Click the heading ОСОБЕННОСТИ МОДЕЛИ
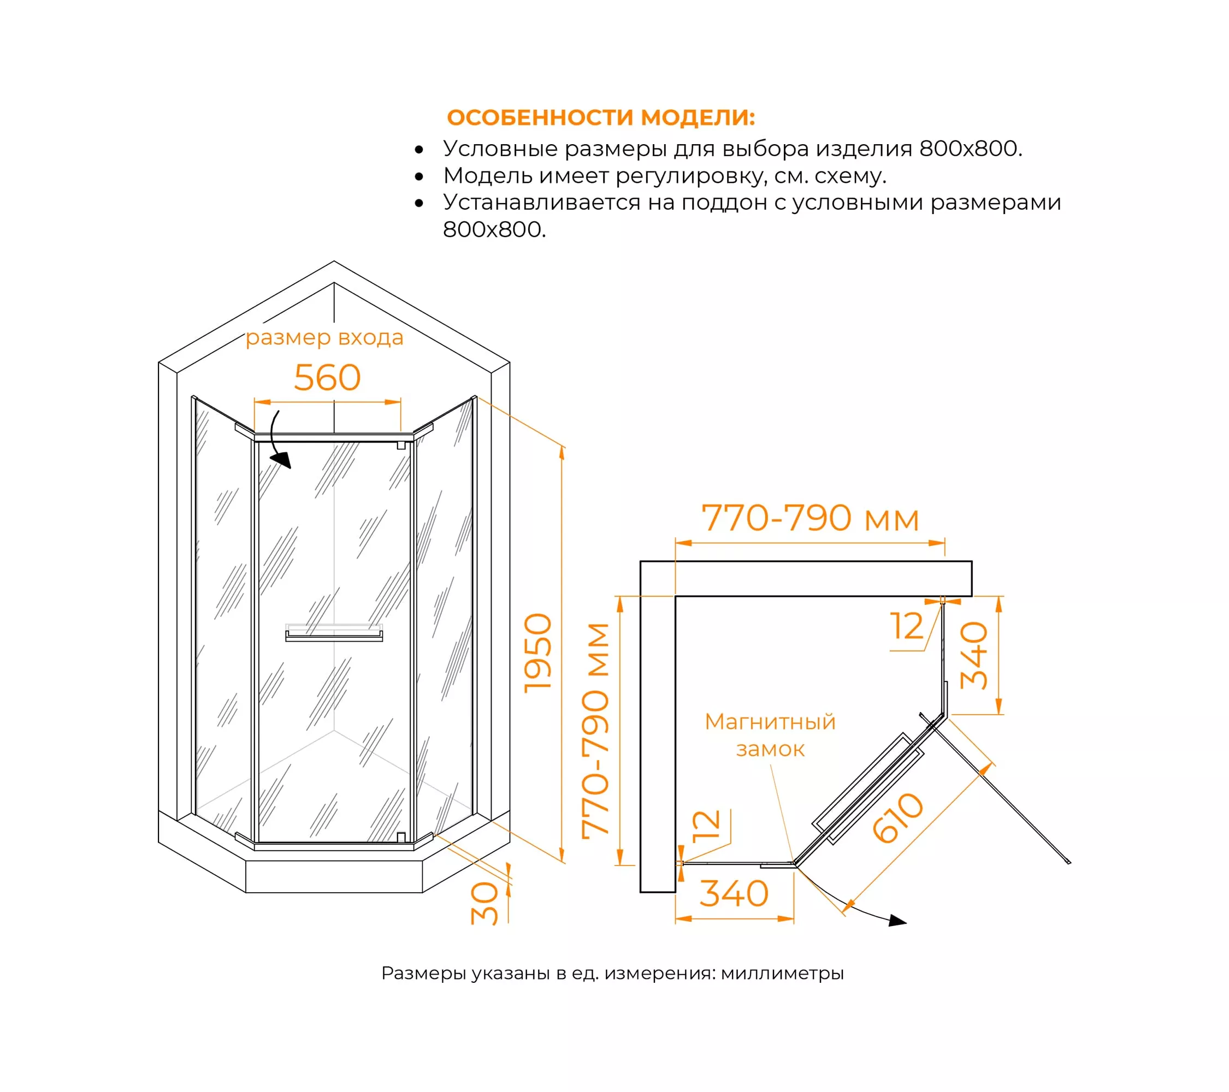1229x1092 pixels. pos(601,118)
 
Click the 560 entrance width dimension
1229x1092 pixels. pos(327,378)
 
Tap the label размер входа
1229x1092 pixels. pos(324,338)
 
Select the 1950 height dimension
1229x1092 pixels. pos(537,653)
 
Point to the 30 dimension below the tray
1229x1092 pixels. pos(484,903)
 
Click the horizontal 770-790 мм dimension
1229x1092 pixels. pos(811,518)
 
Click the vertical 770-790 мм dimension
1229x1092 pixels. pos(596,731)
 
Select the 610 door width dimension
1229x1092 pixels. pos(897,818)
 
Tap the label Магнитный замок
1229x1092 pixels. pos(770,735)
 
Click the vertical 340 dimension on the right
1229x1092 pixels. pos(974,656)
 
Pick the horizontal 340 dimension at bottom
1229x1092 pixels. pos(734,894)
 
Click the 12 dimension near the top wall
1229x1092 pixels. pos(906,626)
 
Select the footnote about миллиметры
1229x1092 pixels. pos(613,973)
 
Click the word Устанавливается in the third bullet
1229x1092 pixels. pos(541,203)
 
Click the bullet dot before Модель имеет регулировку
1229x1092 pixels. pos(419,177)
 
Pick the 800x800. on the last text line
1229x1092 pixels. pos(494,229)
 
